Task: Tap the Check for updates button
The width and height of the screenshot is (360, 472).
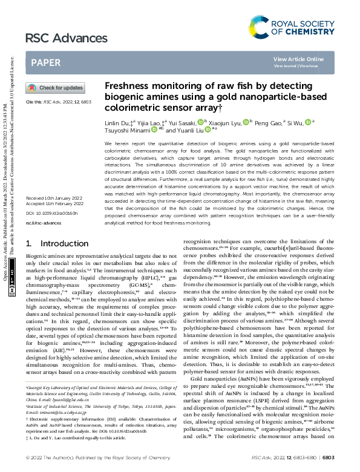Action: point(55,88)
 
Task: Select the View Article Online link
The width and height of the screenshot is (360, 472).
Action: point(298,59)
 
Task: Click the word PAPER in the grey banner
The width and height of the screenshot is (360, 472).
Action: point(45,62)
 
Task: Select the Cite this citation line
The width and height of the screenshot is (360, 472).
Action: point(58,103)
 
